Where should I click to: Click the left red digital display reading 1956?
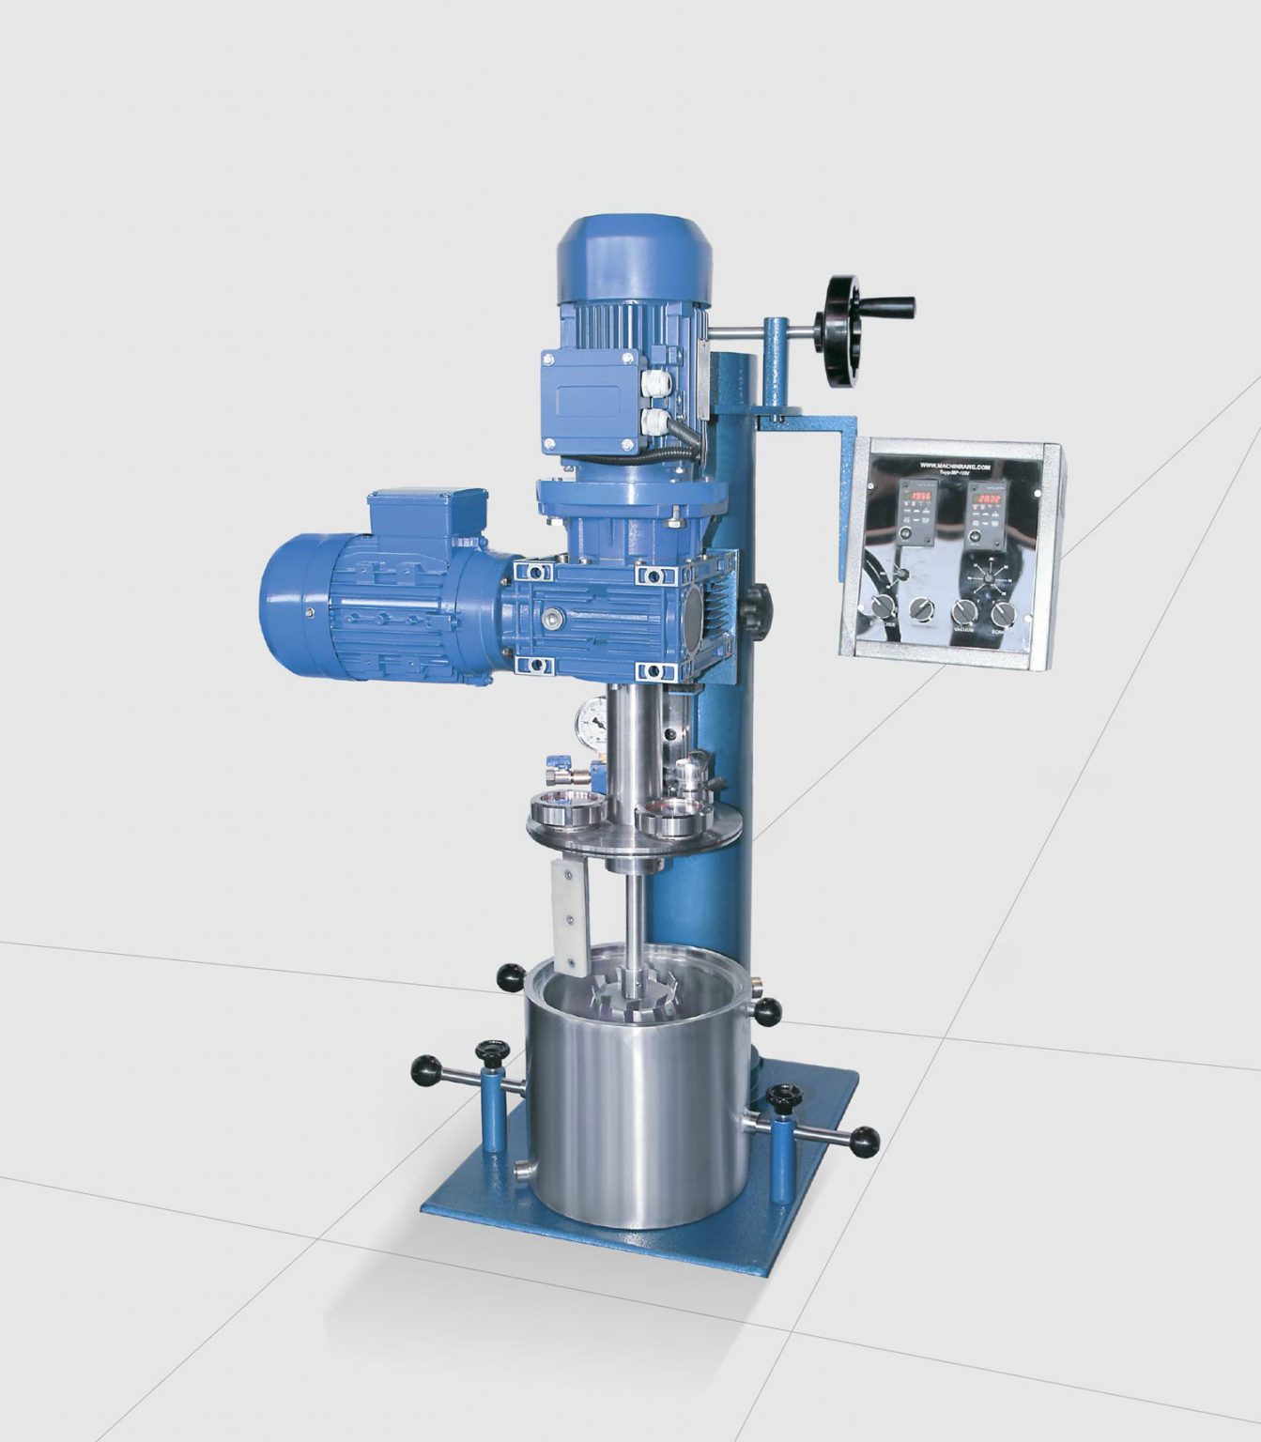coord(917,495)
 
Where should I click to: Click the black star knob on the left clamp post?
coord(491,1049)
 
